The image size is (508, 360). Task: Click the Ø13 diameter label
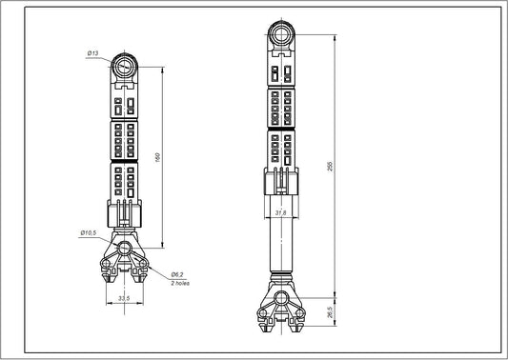91,53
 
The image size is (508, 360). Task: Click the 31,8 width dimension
280,213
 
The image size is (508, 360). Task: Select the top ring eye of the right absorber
280,38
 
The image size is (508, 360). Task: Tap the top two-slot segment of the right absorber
280,72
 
